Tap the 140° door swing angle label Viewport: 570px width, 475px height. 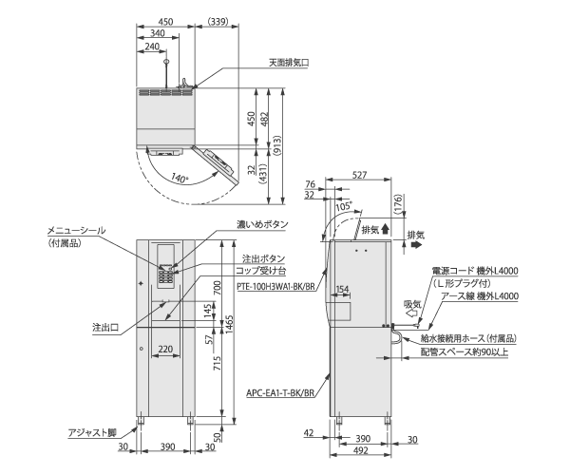coord(180,178)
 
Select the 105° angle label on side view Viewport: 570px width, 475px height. coord(344,206)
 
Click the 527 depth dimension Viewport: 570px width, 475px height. coord(359,175)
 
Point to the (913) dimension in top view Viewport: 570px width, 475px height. coord(277,146)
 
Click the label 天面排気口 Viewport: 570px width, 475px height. coord(289,63)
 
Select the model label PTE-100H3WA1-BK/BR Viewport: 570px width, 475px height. coord(275,286)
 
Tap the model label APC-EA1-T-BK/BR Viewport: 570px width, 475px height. coord(280,393)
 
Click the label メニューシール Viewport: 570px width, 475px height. coord(77,230)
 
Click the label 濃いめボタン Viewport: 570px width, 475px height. coord(262,224)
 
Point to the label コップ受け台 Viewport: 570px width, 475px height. coord(260,271)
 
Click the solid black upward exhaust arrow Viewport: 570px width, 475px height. coord(386,229)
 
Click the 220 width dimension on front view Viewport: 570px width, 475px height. coord(165,350)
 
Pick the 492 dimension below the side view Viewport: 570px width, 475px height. coord(361,450)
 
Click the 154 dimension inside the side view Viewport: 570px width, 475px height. coord(342,289)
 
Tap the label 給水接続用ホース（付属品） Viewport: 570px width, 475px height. coord(468,338)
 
